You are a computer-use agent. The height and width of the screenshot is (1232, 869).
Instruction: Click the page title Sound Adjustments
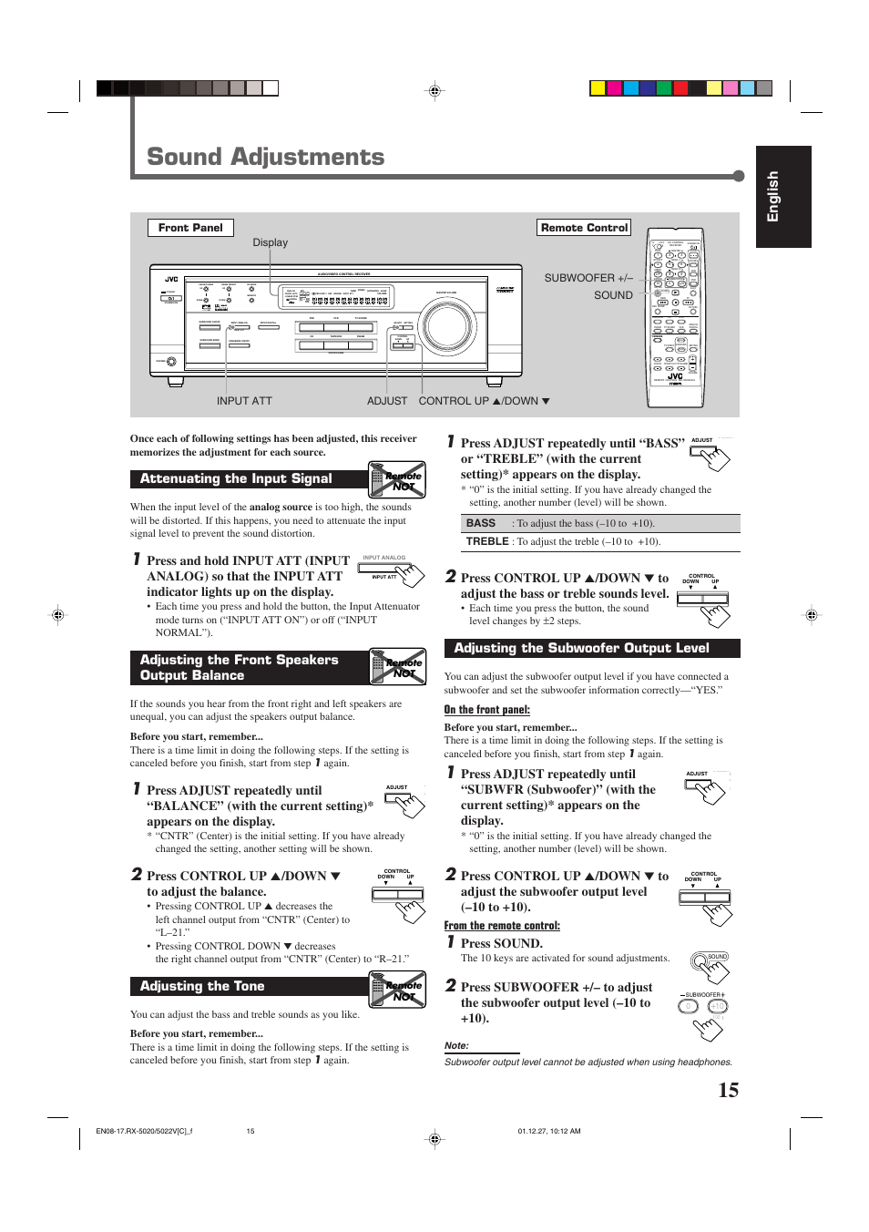point(265,157)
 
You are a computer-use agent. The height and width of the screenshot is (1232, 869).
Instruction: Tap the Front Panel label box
point(190,228)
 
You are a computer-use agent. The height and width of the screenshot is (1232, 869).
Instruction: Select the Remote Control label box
point(584,228)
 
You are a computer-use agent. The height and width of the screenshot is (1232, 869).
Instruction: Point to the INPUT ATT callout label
point(244,401)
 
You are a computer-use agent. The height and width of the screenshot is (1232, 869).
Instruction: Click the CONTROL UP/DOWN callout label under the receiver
point(484,401)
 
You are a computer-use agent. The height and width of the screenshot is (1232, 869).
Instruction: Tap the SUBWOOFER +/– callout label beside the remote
point(588,278)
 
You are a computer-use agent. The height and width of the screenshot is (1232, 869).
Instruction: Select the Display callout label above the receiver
point(270,242)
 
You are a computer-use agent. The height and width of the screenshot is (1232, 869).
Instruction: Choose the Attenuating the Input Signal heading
point(236,478)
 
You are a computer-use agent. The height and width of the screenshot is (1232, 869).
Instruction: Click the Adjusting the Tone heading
point(202,986)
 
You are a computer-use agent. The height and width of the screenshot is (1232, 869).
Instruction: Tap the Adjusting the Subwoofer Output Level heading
point(581,648)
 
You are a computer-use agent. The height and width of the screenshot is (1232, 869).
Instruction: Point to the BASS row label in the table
point(481,523)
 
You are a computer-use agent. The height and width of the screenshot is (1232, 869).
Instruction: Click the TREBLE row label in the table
point(487,541)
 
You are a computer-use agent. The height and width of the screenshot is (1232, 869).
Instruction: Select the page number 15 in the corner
point(728,1090)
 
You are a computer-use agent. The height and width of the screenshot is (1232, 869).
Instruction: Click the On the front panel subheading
point(486,710)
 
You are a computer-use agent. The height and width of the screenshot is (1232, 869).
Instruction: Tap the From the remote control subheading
point(502,926)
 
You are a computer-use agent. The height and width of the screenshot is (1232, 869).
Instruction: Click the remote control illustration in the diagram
point(675,317)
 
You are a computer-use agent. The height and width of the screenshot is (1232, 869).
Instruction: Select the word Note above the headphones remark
point(456,1045)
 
